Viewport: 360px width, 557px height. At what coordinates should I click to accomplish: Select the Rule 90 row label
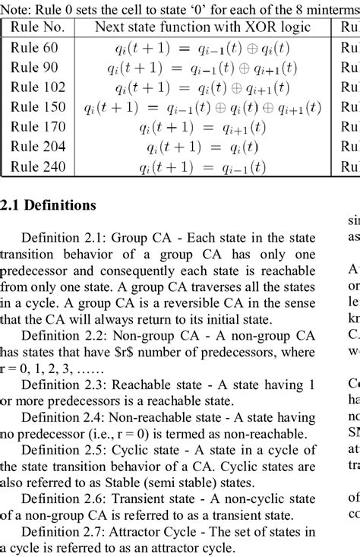click(35, 66)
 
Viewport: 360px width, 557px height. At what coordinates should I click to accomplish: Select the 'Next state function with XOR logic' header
click(203, 27)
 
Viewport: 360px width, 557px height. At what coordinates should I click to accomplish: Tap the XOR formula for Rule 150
click(203, 106)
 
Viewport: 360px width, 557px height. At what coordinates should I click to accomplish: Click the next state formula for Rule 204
click(203, 147)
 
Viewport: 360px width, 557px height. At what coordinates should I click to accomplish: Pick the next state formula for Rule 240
click(203, 167)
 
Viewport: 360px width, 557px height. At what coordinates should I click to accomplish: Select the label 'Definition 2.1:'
click(64, 236)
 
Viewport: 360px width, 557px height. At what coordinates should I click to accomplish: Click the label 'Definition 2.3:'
click(64, 385)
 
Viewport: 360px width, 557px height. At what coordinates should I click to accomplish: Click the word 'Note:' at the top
click(16, 8)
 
